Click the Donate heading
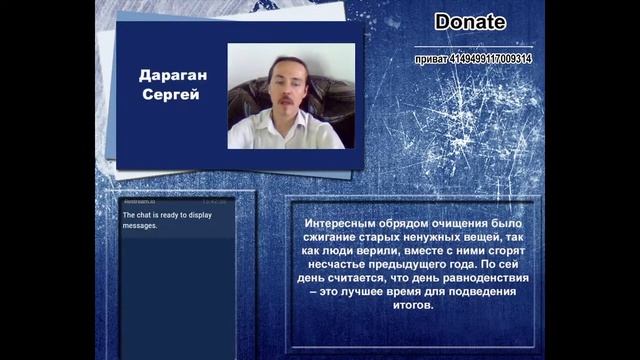[x=470, y=22]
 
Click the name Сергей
[x=169, y=95]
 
